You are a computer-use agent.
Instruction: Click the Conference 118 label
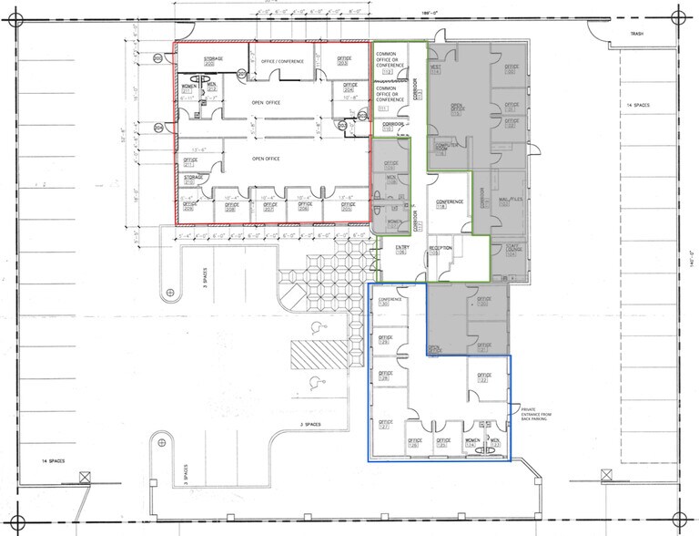(x=450, y=204)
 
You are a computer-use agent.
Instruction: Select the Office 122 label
(x=484, y=377)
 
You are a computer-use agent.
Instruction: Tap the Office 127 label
(x=384, y=425)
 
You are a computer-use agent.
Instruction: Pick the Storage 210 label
(x=192, y=179)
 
